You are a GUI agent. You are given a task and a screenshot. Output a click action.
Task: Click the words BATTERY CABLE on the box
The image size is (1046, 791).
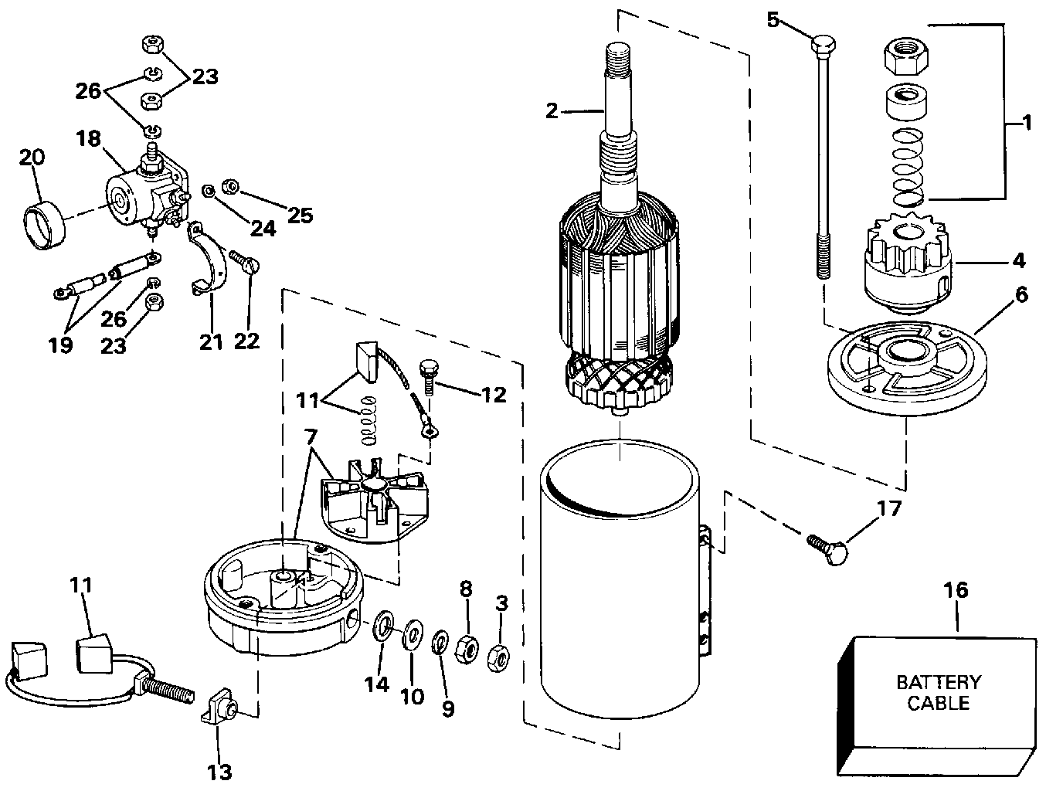point(938,692)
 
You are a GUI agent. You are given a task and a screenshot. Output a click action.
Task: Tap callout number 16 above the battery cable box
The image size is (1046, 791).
point(956,590)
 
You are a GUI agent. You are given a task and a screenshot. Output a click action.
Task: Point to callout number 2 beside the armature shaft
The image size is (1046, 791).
point(551,110)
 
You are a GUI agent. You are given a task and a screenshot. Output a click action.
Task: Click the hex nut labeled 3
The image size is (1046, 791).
point(499,658)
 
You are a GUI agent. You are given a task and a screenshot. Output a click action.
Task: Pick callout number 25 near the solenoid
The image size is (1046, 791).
point(299,214)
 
